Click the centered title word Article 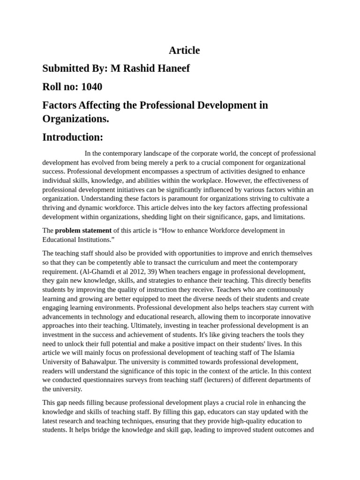pos(184,50)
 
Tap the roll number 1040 pos(91,87)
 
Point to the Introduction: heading pos(72,137)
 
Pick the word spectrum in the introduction pos(188,172)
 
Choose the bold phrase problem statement pos(83,231)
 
